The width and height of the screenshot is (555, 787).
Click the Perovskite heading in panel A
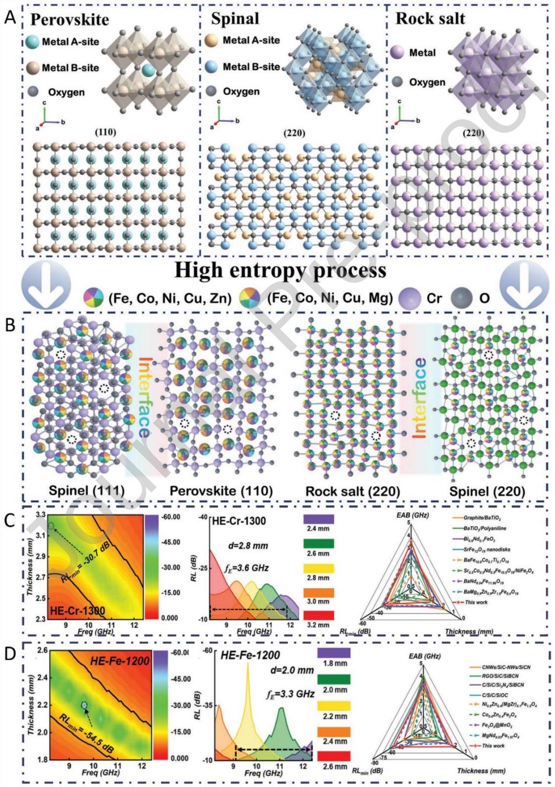click(70, 20)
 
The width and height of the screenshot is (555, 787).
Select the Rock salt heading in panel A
click(430, 18)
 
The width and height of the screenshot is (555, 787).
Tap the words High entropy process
click(280, 270)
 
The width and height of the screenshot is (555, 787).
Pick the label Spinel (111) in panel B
click(86, 491)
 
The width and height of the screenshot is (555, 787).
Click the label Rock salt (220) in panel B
click(352, 491)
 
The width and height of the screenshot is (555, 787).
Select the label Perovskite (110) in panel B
click(221, 491)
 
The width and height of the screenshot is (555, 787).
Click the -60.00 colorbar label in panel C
click(171, 517)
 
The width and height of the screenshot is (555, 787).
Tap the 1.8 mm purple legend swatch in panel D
click(334, 653)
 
